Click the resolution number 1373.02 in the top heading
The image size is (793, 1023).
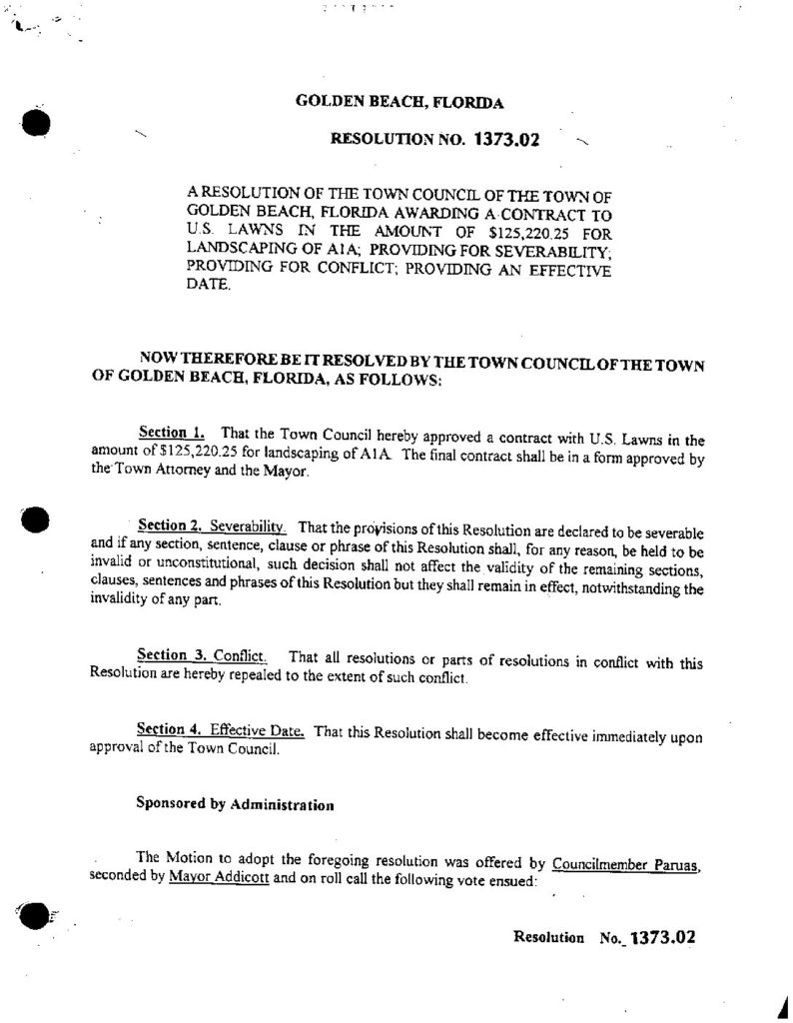[504, 141]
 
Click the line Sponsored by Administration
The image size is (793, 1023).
[234, 804]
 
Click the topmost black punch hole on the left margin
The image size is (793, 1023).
[36, 124]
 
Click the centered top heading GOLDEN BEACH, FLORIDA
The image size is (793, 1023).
[399, 102]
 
